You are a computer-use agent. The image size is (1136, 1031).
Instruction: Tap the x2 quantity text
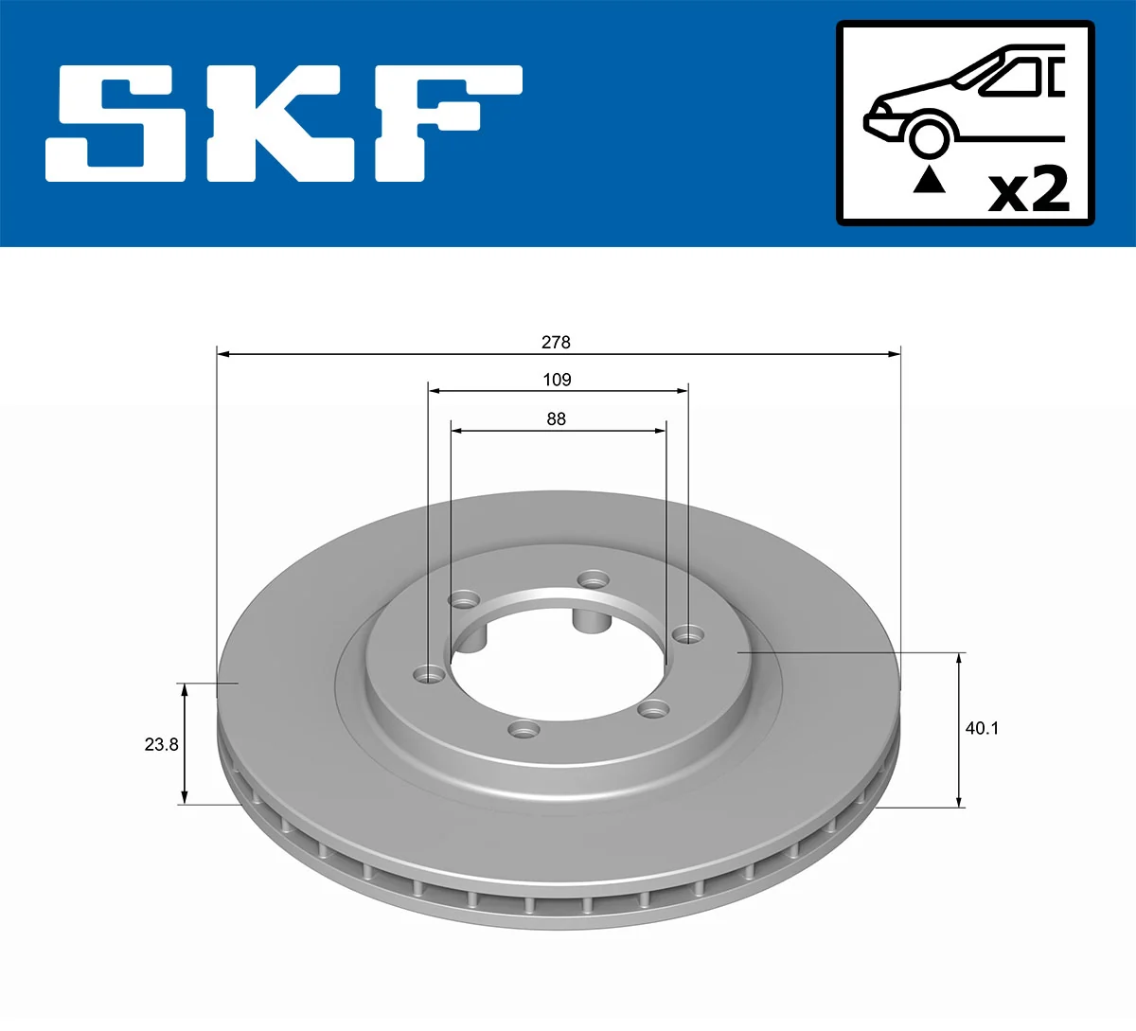(x=1029, y=189)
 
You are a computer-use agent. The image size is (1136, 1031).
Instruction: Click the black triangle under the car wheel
(x=929, y=179)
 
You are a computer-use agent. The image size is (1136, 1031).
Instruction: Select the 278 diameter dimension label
(x=556, y=342)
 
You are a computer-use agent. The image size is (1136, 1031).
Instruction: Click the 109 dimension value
(x=557, y=380)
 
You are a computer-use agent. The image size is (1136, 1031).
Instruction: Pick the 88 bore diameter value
(x=556, y=418)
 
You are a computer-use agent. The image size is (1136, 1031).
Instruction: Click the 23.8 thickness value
(x=161, y=744)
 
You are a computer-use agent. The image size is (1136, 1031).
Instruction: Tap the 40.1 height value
(x=982, y=728)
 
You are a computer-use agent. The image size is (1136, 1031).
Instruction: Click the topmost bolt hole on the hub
(x=593, y=578)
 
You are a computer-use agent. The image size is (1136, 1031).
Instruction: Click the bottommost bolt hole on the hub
(x=524, y=729)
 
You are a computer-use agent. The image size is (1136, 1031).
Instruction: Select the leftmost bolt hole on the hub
(x=430, y=674)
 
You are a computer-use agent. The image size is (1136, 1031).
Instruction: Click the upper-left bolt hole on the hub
(x=464, y=599)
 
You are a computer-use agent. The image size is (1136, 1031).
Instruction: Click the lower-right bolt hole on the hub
(x=653, y=707)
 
